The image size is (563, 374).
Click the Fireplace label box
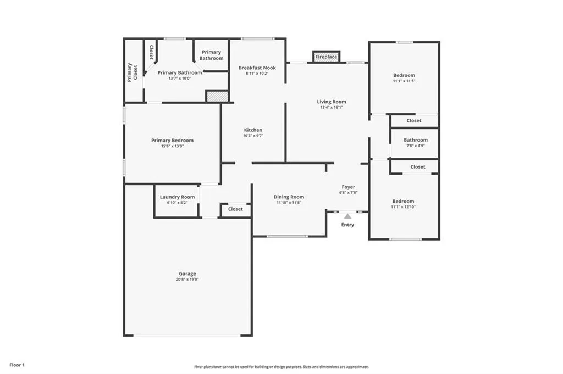click(x=326, y=57)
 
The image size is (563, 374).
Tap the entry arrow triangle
click(x=347, y=216)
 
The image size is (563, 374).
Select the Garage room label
click(x=187, y=273)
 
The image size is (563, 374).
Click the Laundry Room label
click(x=177, y=197)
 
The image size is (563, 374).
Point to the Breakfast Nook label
click(x=257, y=68)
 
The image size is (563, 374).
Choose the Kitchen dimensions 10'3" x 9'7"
click(x=253, y=136)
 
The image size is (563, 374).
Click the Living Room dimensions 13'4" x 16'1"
click(x=332, y=107)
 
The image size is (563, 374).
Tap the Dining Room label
click(x=289, y=197)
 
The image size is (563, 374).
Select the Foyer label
click(x=348, y=187)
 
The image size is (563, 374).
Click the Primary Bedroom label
click(x=172, y=141)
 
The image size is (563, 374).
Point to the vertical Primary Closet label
click(x=132, y=72)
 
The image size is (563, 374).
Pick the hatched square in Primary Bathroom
click(x=217, y=96)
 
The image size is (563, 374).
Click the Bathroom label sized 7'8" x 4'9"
click(x=415, y=140)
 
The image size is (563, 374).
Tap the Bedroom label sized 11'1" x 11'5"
click(x=404, y=75)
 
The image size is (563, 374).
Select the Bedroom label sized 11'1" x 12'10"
click(x=403, y=201)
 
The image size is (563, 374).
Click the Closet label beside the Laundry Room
click(x=235, y=209)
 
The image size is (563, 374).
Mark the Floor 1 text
click(x=16, y=365)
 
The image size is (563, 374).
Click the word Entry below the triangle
click(x=347, y=225)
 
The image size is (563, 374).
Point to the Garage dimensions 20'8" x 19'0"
click(x=187, y=280)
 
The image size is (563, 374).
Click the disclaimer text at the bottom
click(x=281, y=367)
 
